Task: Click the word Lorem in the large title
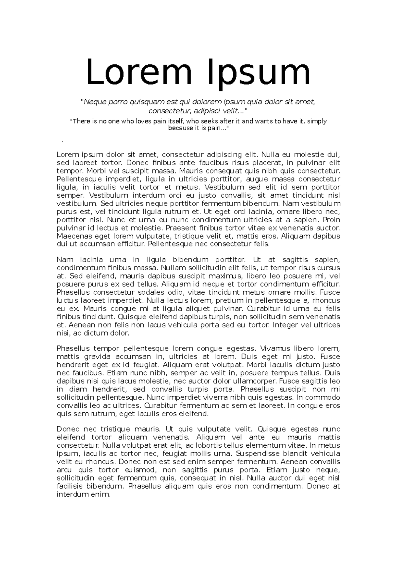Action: click(x=139, y=73)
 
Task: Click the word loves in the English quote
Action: click(x=143, y=121)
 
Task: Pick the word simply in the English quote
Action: click(x=317, y=121)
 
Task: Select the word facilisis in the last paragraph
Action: click(x=70, y=486)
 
